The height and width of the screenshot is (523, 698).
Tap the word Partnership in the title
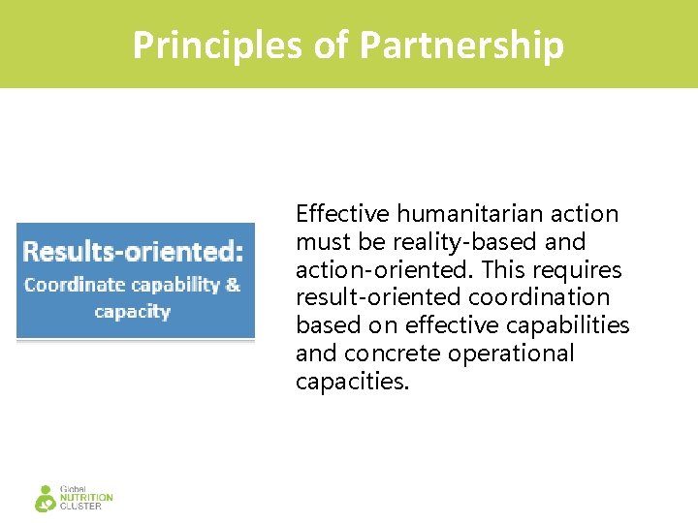(461, 45)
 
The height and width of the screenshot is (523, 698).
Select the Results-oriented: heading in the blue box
(133, 252)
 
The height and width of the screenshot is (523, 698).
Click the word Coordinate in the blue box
(74, 285)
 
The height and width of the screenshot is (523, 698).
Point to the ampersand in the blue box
(233, 285)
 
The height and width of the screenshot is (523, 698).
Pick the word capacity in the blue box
(133, 312)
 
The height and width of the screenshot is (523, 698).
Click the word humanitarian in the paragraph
(455, 213)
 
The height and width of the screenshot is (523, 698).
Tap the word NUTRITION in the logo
(86, 498)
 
